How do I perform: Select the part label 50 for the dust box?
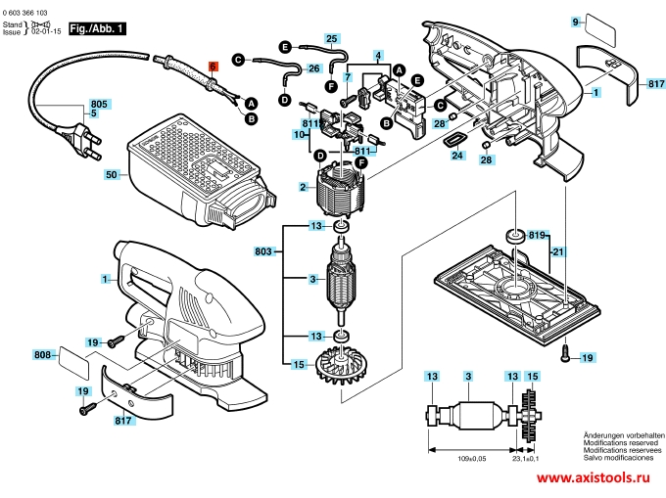[x=111, y=174]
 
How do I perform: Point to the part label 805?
[x=100, y=103]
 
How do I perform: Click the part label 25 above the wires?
[x=332, y=39]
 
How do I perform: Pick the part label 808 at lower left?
[x=43, y=353]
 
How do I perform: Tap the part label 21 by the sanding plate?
[x=557, y=253]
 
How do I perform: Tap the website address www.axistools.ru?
[x=594, y=477]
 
